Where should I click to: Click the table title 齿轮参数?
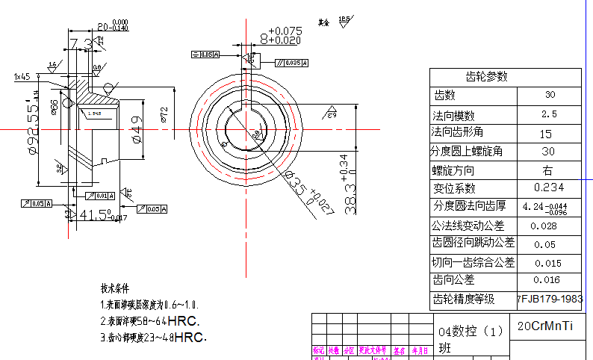point(486,76)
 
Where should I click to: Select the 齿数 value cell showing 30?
point(550,96)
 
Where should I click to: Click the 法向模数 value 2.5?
point(550,114)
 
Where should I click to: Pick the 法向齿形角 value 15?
point(546,133)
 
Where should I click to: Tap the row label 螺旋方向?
point(453,170)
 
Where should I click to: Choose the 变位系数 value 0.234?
point(549,187)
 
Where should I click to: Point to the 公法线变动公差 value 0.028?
point(544,226)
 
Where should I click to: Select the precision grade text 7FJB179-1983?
point(550,299)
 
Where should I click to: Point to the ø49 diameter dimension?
point(137,135)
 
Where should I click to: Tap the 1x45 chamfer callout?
point(22,76)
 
